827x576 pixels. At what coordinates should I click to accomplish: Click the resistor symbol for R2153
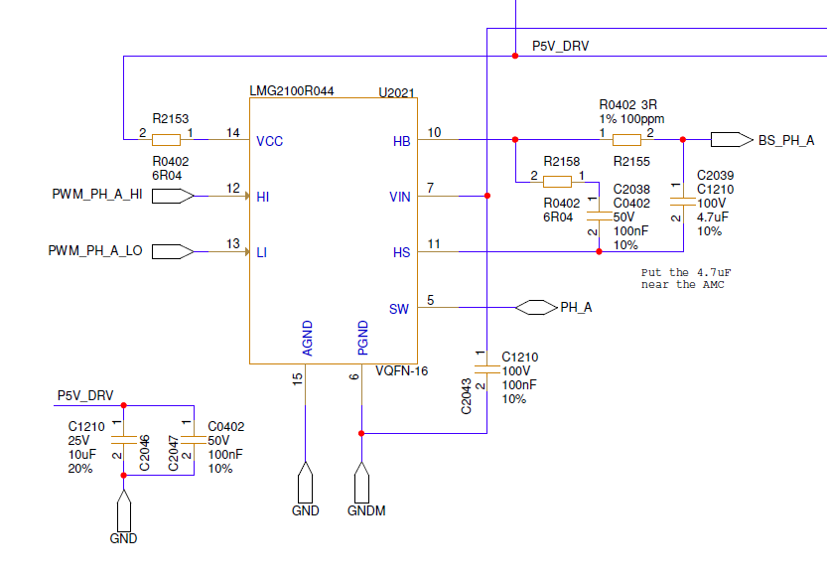point(166,140)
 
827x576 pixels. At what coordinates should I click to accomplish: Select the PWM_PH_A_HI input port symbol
point(173,197)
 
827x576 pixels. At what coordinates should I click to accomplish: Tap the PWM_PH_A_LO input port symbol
point(173,251)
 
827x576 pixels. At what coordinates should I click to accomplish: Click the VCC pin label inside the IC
point(269,141)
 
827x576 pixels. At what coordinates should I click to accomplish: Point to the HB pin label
point(401,141)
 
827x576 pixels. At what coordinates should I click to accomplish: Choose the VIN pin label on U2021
point(400,198)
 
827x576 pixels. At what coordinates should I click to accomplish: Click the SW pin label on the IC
point(399,309)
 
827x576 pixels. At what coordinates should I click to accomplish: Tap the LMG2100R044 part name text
point(292,91)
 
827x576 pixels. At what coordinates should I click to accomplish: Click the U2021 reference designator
point(397,92)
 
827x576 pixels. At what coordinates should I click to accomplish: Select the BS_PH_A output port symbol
point(732,140)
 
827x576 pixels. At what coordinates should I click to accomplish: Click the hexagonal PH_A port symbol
point(536,307)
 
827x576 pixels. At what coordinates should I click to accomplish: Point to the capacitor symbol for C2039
point(683,202)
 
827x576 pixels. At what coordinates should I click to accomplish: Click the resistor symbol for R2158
point(558,182)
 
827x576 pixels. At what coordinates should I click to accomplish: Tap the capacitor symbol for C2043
point(486,369)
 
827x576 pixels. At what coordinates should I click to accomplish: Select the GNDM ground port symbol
point(361,483)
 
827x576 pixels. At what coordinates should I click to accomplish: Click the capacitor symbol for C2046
point(124,440)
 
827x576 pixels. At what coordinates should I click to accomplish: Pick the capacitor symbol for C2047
point(194,440)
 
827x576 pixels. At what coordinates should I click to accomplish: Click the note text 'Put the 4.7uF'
point(686,273)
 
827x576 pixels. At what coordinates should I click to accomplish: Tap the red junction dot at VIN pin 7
point(487,196)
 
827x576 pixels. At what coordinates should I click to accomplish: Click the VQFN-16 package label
point(401,370)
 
